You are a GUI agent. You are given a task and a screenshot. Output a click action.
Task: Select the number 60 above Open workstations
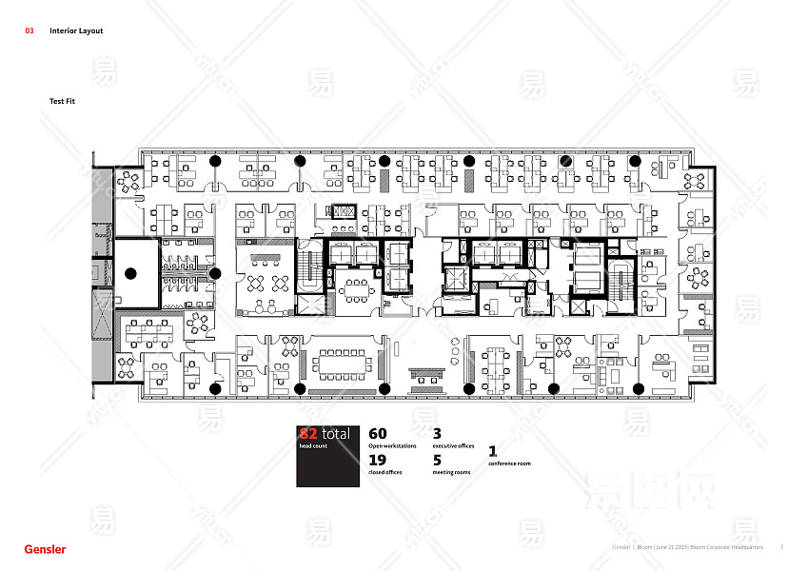378,434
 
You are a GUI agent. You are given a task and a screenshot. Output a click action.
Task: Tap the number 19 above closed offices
377,461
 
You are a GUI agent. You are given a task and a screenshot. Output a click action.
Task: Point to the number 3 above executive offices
437,434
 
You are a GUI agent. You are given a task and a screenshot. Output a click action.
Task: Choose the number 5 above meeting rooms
437,461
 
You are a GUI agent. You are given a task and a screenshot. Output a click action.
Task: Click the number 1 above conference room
493,451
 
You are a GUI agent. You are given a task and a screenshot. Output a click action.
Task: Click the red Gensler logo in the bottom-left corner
45,549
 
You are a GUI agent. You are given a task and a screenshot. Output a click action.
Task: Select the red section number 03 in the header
30,30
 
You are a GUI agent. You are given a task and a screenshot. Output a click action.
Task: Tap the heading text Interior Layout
76,30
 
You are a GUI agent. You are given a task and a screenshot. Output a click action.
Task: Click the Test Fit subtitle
63,100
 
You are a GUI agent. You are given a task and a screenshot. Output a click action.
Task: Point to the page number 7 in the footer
781,547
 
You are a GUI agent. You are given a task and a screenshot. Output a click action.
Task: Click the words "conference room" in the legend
509,463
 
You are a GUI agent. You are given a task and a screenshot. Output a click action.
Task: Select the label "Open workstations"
392,445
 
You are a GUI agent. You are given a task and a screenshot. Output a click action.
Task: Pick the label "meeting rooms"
451,472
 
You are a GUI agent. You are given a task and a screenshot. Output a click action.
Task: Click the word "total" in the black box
336,434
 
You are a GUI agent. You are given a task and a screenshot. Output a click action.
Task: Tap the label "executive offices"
453,445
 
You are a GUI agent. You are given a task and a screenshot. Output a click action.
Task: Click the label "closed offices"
384,472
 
